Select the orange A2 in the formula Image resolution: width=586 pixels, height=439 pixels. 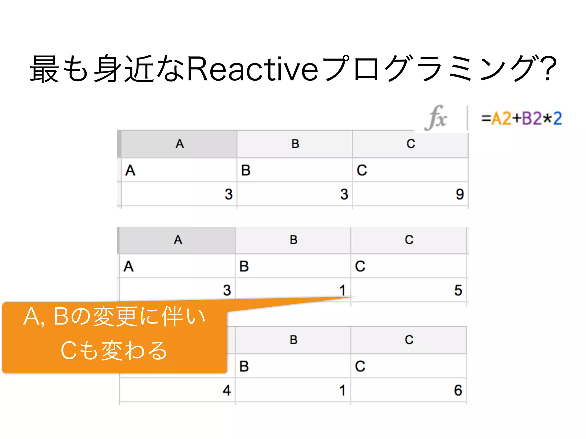click(x=501, y=118)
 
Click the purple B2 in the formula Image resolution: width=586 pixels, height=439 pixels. click(x=532, y=118)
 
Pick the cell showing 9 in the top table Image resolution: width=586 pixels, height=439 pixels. click(x=460, y=194)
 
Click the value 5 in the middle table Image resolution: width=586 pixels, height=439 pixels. click(x=458, y=290)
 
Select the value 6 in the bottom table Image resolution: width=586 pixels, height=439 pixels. click(x=458, y=390)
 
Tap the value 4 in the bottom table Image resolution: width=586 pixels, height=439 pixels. click(x=227, y=390)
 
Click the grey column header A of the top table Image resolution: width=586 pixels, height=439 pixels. click(x=179, y=144)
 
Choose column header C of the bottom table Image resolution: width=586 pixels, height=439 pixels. click(x=409, y=340)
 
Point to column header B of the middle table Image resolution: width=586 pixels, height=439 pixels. click(x=293, y=240)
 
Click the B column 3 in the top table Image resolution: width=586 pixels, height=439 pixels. click(x=344, y=194)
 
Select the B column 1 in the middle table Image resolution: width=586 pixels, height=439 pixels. click(x=343, y=290)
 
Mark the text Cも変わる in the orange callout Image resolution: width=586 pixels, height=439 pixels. click(x=114, y=350)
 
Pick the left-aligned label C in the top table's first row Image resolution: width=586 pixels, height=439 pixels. click(x=362, y=170)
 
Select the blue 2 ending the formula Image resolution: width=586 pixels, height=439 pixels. click(x=557, y=118)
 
